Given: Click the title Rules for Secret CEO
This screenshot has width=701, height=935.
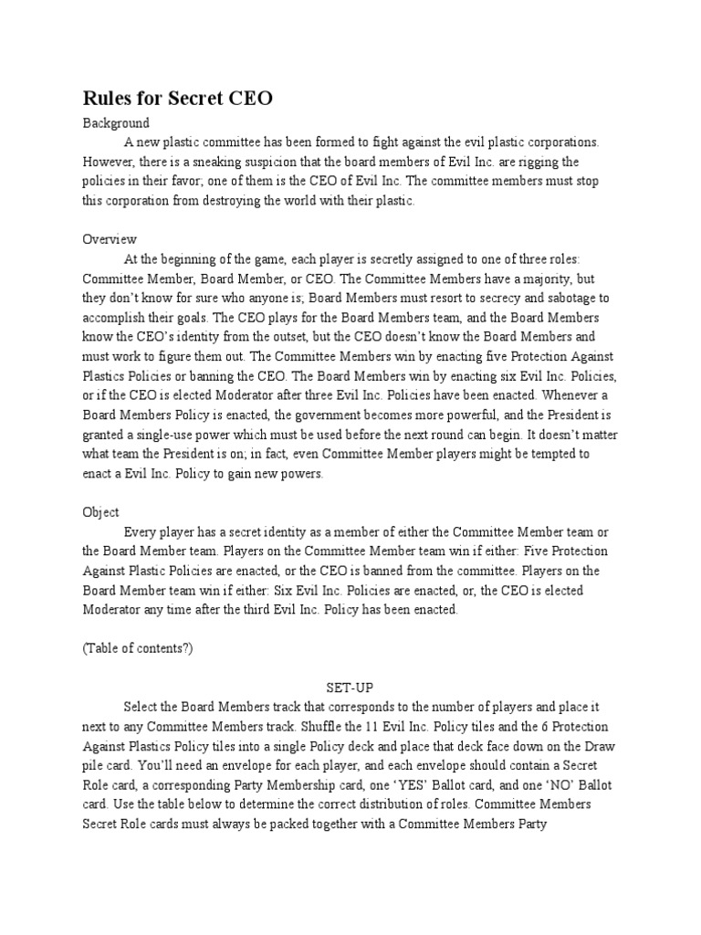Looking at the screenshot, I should click(178, 99).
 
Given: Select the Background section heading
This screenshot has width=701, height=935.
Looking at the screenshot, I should click(116, 123).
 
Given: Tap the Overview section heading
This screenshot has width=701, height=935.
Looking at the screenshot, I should click(110, 239).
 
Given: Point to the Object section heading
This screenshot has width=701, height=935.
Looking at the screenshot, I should click(101, 512).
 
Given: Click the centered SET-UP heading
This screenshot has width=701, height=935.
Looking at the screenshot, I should click(350, 687).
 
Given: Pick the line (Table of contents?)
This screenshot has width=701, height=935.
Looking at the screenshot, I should click(137, 648).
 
